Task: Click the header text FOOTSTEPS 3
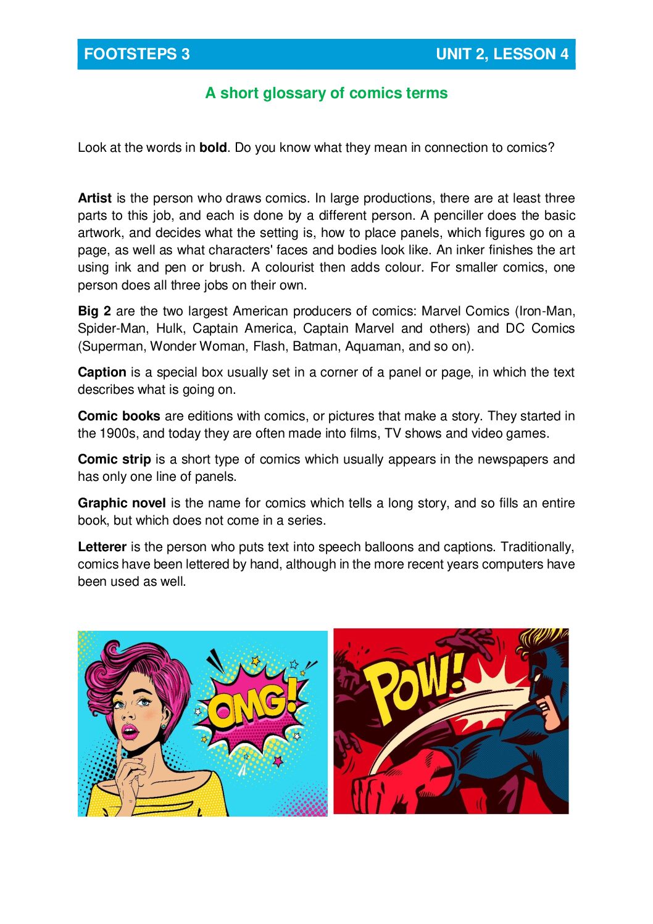pos(136,54)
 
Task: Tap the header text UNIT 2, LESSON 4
pos(502,54)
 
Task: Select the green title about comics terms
pos(326,93)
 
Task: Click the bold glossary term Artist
pos(94,198)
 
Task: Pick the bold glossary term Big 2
pos(94,311)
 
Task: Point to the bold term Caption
pos(102,372)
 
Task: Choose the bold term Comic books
pos(119,416)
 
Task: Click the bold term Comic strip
pos(114,459)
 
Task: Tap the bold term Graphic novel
pos(122,503)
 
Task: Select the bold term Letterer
pos(102,547)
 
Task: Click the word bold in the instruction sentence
pos(213,148)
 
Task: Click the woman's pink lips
pos(130,731)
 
